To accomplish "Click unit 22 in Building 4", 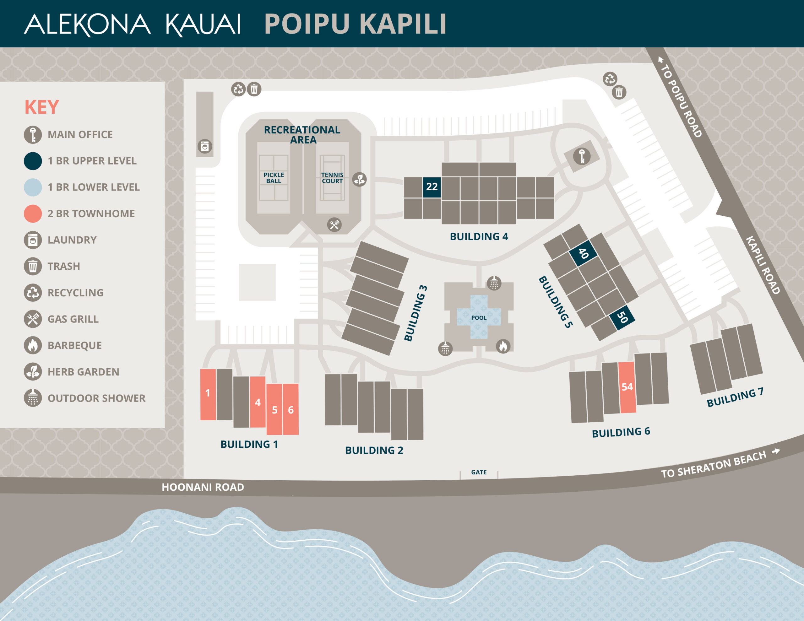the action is tap(432, 187).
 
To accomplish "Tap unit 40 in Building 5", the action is tap(583, 253).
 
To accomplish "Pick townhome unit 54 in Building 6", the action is tap(627, 387).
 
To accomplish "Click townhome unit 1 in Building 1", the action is tap(208, 394).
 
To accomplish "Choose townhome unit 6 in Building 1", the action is tap(291, 409).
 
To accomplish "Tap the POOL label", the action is tap(479, 318).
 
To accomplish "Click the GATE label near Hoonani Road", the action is tap(479, 472).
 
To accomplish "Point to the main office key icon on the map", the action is tap(582, 156).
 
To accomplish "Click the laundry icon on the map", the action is tap(205, 147).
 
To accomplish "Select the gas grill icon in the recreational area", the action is tap(334, 224).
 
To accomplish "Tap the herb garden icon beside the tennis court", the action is tap(359, 180).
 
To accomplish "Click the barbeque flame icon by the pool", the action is tap(503, 346).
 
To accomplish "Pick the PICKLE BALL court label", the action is tap(274, 178).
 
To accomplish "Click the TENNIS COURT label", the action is tap(332, 178).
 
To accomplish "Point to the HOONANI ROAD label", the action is tap(203, 487).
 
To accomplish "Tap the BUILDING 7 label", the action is tap(735, 397).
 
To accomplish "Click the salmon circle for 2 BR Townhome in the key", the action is tap(33, 213).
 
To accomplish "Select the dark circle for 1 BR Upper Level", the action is tap(33, 161).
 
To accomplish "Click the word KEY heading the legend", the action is tap(41, 107).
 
